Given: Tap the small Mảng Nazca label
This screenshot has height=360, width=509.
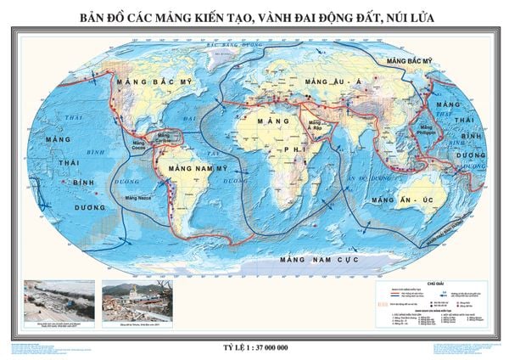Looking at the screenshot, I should pos(139,198).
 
